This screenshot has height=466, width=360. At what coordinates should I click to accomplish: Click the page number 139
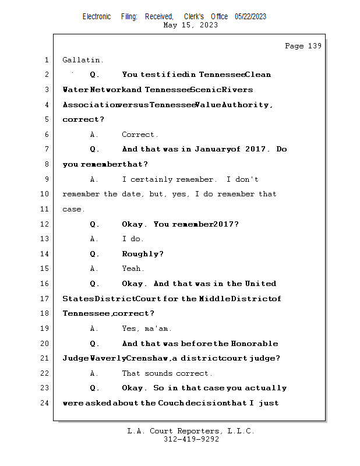point(314,46)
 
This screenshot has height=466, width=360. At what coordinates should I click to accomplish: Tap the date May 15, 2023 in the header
point(190,25)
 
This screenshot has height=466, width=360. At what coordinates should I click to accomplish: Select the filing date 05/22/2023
point(250,17)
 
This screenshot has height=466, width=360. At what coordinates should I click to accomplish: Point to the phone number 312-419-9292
point(191,439)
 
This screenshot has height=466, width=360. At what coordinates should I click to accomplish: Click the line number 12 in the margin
point(46,224)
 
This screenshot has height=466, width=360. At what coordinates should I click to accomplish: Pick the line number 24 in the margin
point(46,403)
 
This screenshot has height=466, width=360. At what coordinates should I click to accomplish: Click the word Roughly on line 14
point(142,254)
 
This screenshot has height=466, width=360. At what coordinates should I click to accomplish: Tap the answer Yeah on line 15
point(131,269)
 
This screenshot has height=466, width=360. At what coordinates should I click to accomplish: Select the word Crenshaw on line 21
point(149,358)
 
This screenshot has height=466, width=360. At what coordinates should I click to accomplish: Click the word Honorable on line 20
point(254,344)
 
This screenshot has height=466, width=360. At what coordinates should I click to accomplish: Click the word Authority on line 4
point(246,105)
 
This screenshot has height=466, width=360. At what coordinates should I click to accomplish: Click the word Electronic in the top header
point(97,17)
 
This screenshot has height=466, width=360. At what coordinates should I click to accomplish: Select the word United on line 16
point(260,284)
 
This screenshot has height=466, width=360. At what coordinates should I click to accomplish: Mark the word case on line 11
point(72,210)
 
